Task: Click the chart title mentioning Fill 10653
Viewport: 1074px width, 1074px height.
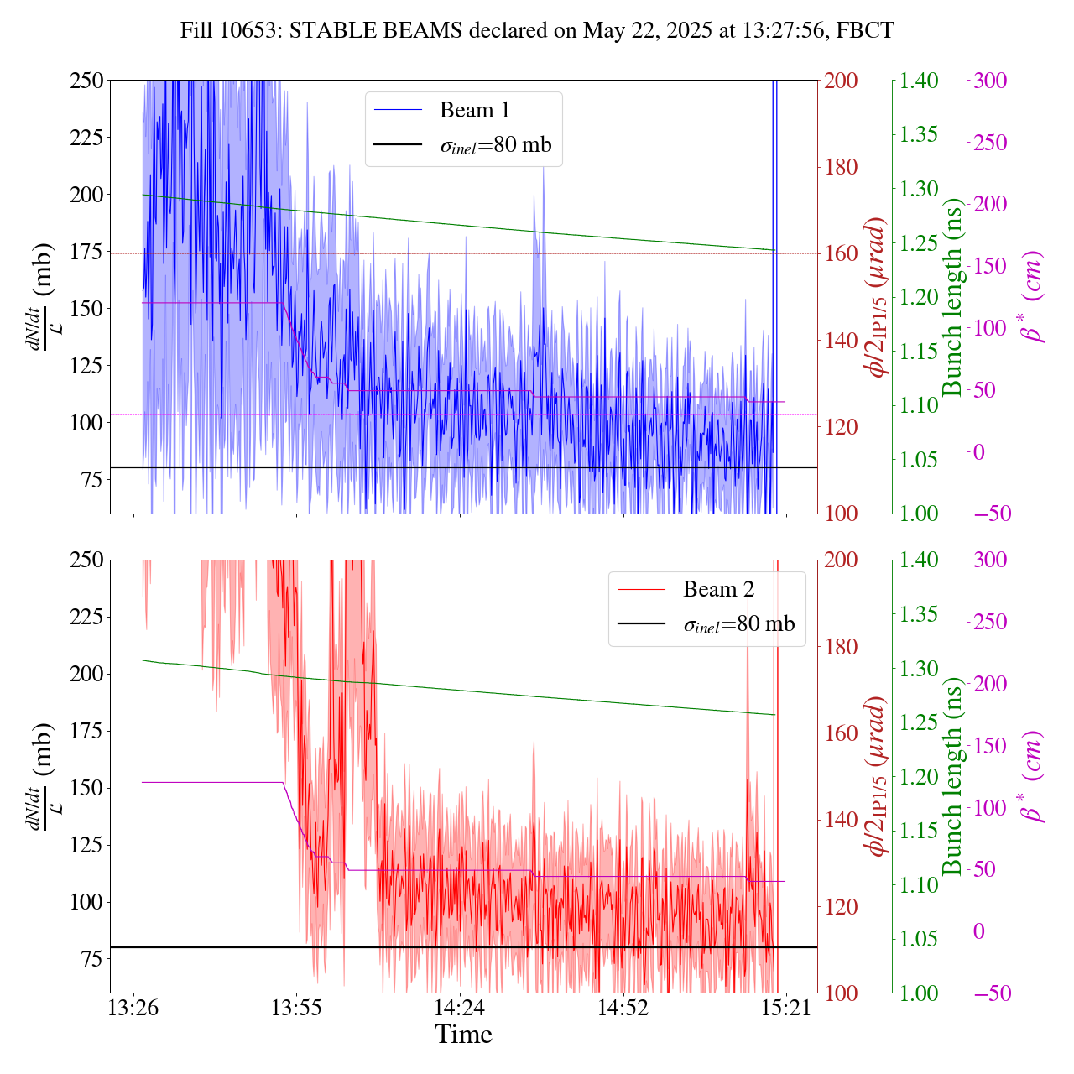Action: pyautogui.click(x=537, y=31)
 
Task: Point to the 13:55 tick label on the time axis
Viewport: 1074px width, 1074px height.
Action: pyautogui.click(x=297, y=1008)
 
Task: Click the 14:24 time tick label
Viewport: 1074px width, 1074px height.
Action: pyautogui.click(x=460, y=1008)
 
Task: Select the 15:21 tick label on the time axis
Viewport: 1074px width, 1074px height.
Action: pyautogui.click(x=785, y=1008)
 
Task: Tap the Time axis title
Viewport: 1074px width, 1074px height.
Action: pyautogui.click(x=463, y=1035)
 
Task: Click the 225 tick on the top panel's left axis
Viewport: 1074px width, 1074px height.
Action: pyautogui.click(x=86, y=137)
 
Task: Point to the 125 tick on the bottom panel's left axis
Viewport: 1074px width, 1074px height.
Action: pyautogui.click(x=86, y=845)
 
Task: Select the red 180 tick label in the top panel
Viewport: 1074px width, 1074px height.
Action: pyautogui.click(x=842, y=167)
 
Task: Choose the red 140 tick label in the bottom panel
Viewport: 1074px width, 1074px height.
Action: pyautogui.click(x=842, y=820)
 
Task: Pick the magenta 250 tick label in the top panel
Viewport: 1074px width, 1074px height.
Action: pyautogui.click(x=990, y=142)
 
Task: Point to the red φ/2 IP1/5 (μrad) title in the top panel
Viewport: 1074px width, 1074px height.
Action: pyautogui.click(x=878, y=297)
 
